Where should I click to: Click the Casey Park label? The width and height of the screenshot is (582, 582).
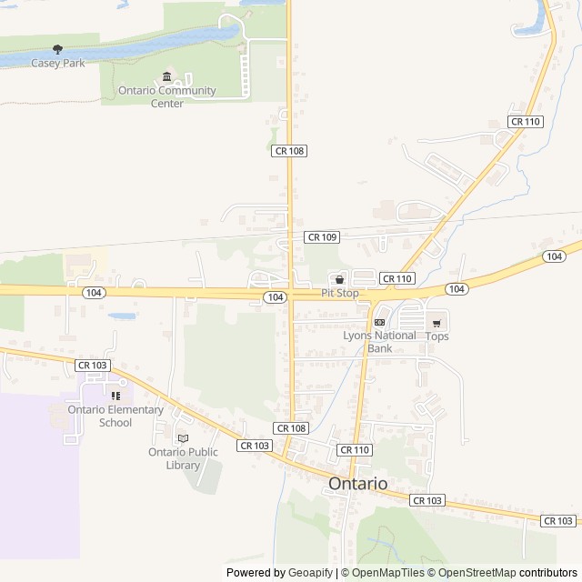pyautogui.click(x=57, y=63)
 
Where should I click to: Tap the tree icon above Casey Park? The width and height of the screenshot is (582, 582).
pyautogui.click(x=58, y=49)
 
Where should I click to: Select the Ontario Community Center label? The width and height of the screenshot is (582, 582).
pyautogui.click(x=167, y=96)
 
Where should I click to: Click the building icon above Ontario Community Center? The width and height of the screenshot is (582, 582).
pyautogui.click(x=166, y=77)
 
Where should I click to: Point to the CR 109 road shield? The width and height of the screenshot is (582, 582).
pyautogui.click(x=322, y=236)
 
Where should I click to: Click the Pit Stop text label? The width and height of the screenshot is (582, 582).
pyautogui.click(x=340, y=293)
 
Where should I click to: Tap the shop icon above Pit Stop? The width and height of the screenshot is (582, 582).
pyautogui.click(x=340, y=280)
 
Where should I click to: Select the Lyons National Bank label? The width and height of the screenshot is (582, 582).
pyautogui.click(x=379, y=341)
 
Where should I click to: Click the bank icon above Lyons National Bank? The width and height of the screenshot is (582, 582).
pyautogui.click(x=379, y=322)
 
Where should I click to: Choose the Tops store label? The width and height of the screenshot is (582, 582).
pyautogui.click(x=437, y=336)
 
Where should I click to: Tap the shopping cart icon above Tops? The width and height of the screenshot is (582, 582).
pyautogui.click(x=436, y=323)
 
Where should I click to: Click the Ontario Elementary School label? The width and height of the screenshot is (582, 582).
pyautogui.click(x=115, y=416)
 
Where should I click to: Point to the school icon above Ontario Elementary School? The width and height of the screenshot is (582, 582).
pyautogui.click(x=115, y=396)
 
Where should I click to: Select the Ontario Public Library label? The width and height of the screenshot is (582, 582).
pyautogui.click(x=184, y=458)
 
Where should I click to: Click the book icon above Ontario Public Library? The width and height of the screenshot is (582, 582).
pyautogui.click(x=184, y=438)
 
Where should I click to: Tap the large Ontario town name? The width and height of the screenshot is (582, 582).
pyautogui.click(x=358, y=484)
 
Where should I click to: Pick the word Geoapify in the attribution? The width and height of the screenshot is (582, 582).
pyautogui.click(x=311, y=573)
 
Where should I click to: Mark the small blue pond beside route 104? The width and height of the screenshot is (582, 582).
pyautogui.click(x=122, y=317)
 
